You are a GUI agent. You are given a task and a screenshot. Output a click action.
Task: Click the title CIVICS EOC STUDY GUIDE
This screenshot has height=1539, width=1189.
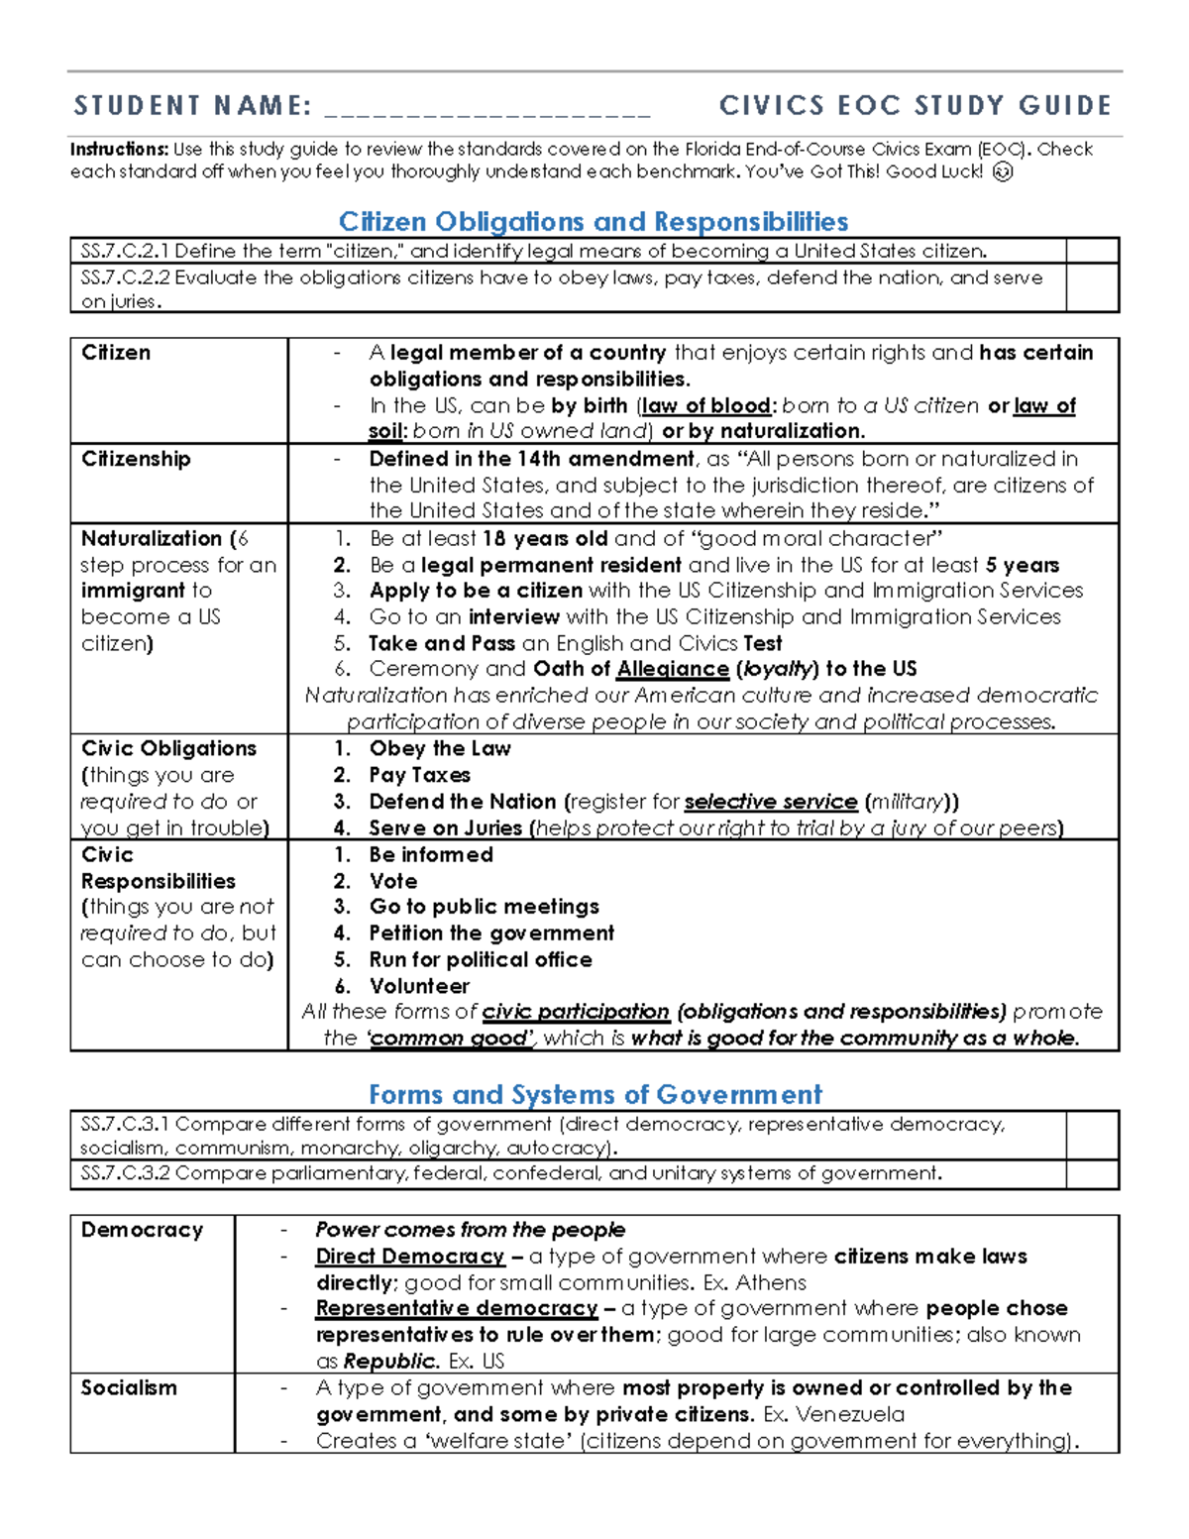916,105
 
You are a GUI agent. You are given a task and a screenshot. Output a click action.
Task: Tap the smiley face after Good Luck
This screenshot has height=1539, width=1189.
1003,172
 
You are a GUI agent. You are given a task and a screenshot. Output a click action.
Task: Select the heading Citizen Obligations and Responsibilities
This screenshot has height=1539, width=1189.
594,221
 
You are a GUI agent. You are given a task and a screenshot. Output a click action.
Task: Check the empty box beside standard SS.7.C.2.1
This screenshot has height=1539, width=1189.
1092,251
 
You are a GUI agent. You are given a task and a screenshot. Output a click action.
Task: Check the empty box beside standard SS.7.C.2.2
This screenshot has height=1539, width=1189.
1092,288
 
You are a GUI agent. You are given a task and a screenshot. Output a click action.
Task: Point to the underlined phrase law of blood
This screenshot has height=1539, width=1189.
706,405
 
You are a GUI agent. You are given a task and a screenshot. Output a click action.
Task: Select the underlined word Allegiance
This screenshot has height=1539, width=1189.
673,669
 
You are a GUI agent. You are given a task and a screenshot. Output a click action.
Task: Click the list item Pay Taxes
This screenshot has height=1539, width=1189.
419,775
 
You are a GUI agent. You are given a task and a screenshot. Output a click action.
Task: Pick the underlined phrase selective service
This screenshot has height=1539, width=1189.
771,802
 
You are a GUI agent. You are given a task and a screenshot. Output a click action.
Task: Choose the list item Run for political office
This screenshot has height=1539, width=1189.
481,959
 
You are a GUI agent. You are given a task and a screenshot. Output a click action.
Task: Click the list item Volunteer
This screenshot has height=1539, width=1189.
419,986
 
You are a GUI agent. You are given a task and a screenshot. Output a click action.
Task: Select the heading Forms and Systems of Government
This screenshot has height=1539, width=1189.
594,1094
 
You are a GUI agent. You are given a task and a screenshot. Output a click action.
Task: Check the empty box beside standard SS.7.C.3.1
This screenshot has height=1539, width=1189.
1092,1136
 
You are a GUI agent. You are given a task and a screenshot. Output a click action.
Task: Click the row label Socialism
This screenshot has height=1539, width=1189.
129,1387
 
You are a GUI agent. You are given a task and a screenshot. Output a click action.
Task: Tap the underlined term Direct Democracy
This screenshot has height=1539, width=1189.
410,1257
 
